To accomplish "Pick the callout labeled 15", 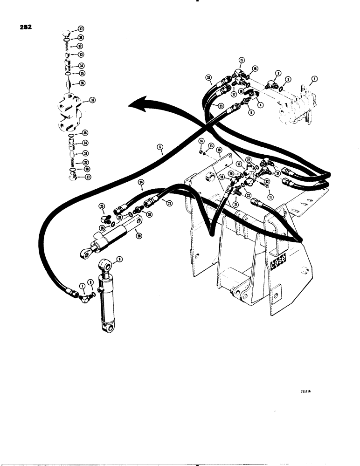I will click(242, 60).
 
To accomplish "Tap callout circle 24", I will click(140, 183).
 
